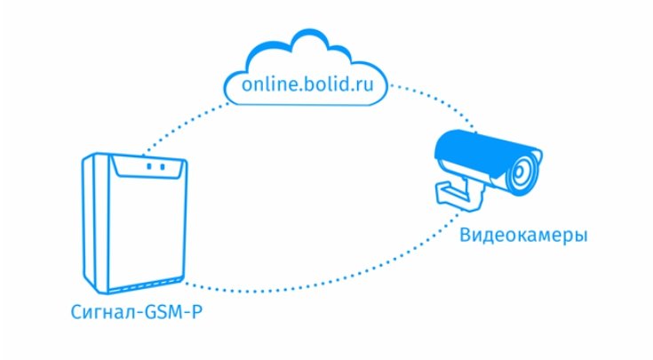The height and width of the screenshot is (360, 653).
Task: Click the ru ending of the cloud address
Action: pos(376,85)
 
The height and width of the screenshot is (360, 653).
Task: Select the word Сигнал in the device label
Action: pos(99,313)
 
